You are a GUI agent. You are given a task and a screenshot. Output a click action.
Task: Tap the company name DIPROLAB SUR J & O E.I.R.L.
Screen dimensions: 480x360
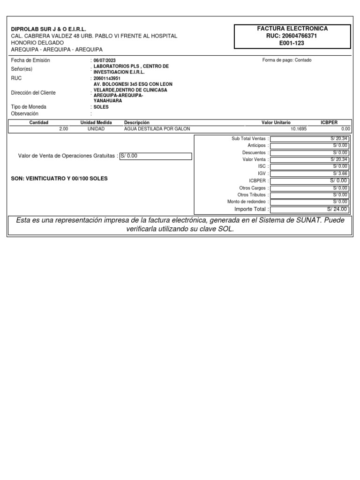tap(49, 29)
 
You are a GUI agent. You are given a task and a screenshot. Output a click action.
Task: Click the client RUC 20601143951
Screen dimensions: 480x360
tap(107, 78)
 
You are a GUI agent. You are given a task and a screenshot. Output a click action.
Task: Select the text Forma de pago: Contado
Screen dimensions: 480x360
tap(287, 60)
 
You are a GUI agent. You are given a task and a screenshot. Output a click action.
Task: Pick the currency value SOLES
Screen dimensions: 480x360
tap(101, 107)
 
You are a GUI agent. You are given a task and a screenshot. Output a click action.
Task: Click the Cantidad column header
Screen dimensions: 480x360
tap(39, 122)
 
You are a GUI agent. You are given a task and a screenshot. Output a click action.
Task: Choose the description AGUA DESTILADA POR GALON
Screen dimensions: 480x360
tap(157, 128)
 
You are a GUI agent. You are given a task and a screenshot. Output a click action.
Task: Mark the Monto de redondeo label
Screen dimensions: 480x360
tap(247, 202)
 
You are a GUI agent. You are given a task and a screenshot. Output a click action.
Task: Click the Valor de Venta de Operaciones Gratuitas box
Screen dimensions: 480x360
tap(156, 156)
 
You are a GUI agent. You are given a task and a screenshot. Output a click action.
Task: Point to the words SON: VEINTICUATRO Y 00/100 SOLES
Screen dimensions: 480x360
tap(59, 179)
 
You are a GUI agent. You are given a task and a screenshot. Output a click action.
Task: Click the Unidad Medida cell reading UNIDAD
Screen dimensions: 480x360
tap(96, 128)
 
